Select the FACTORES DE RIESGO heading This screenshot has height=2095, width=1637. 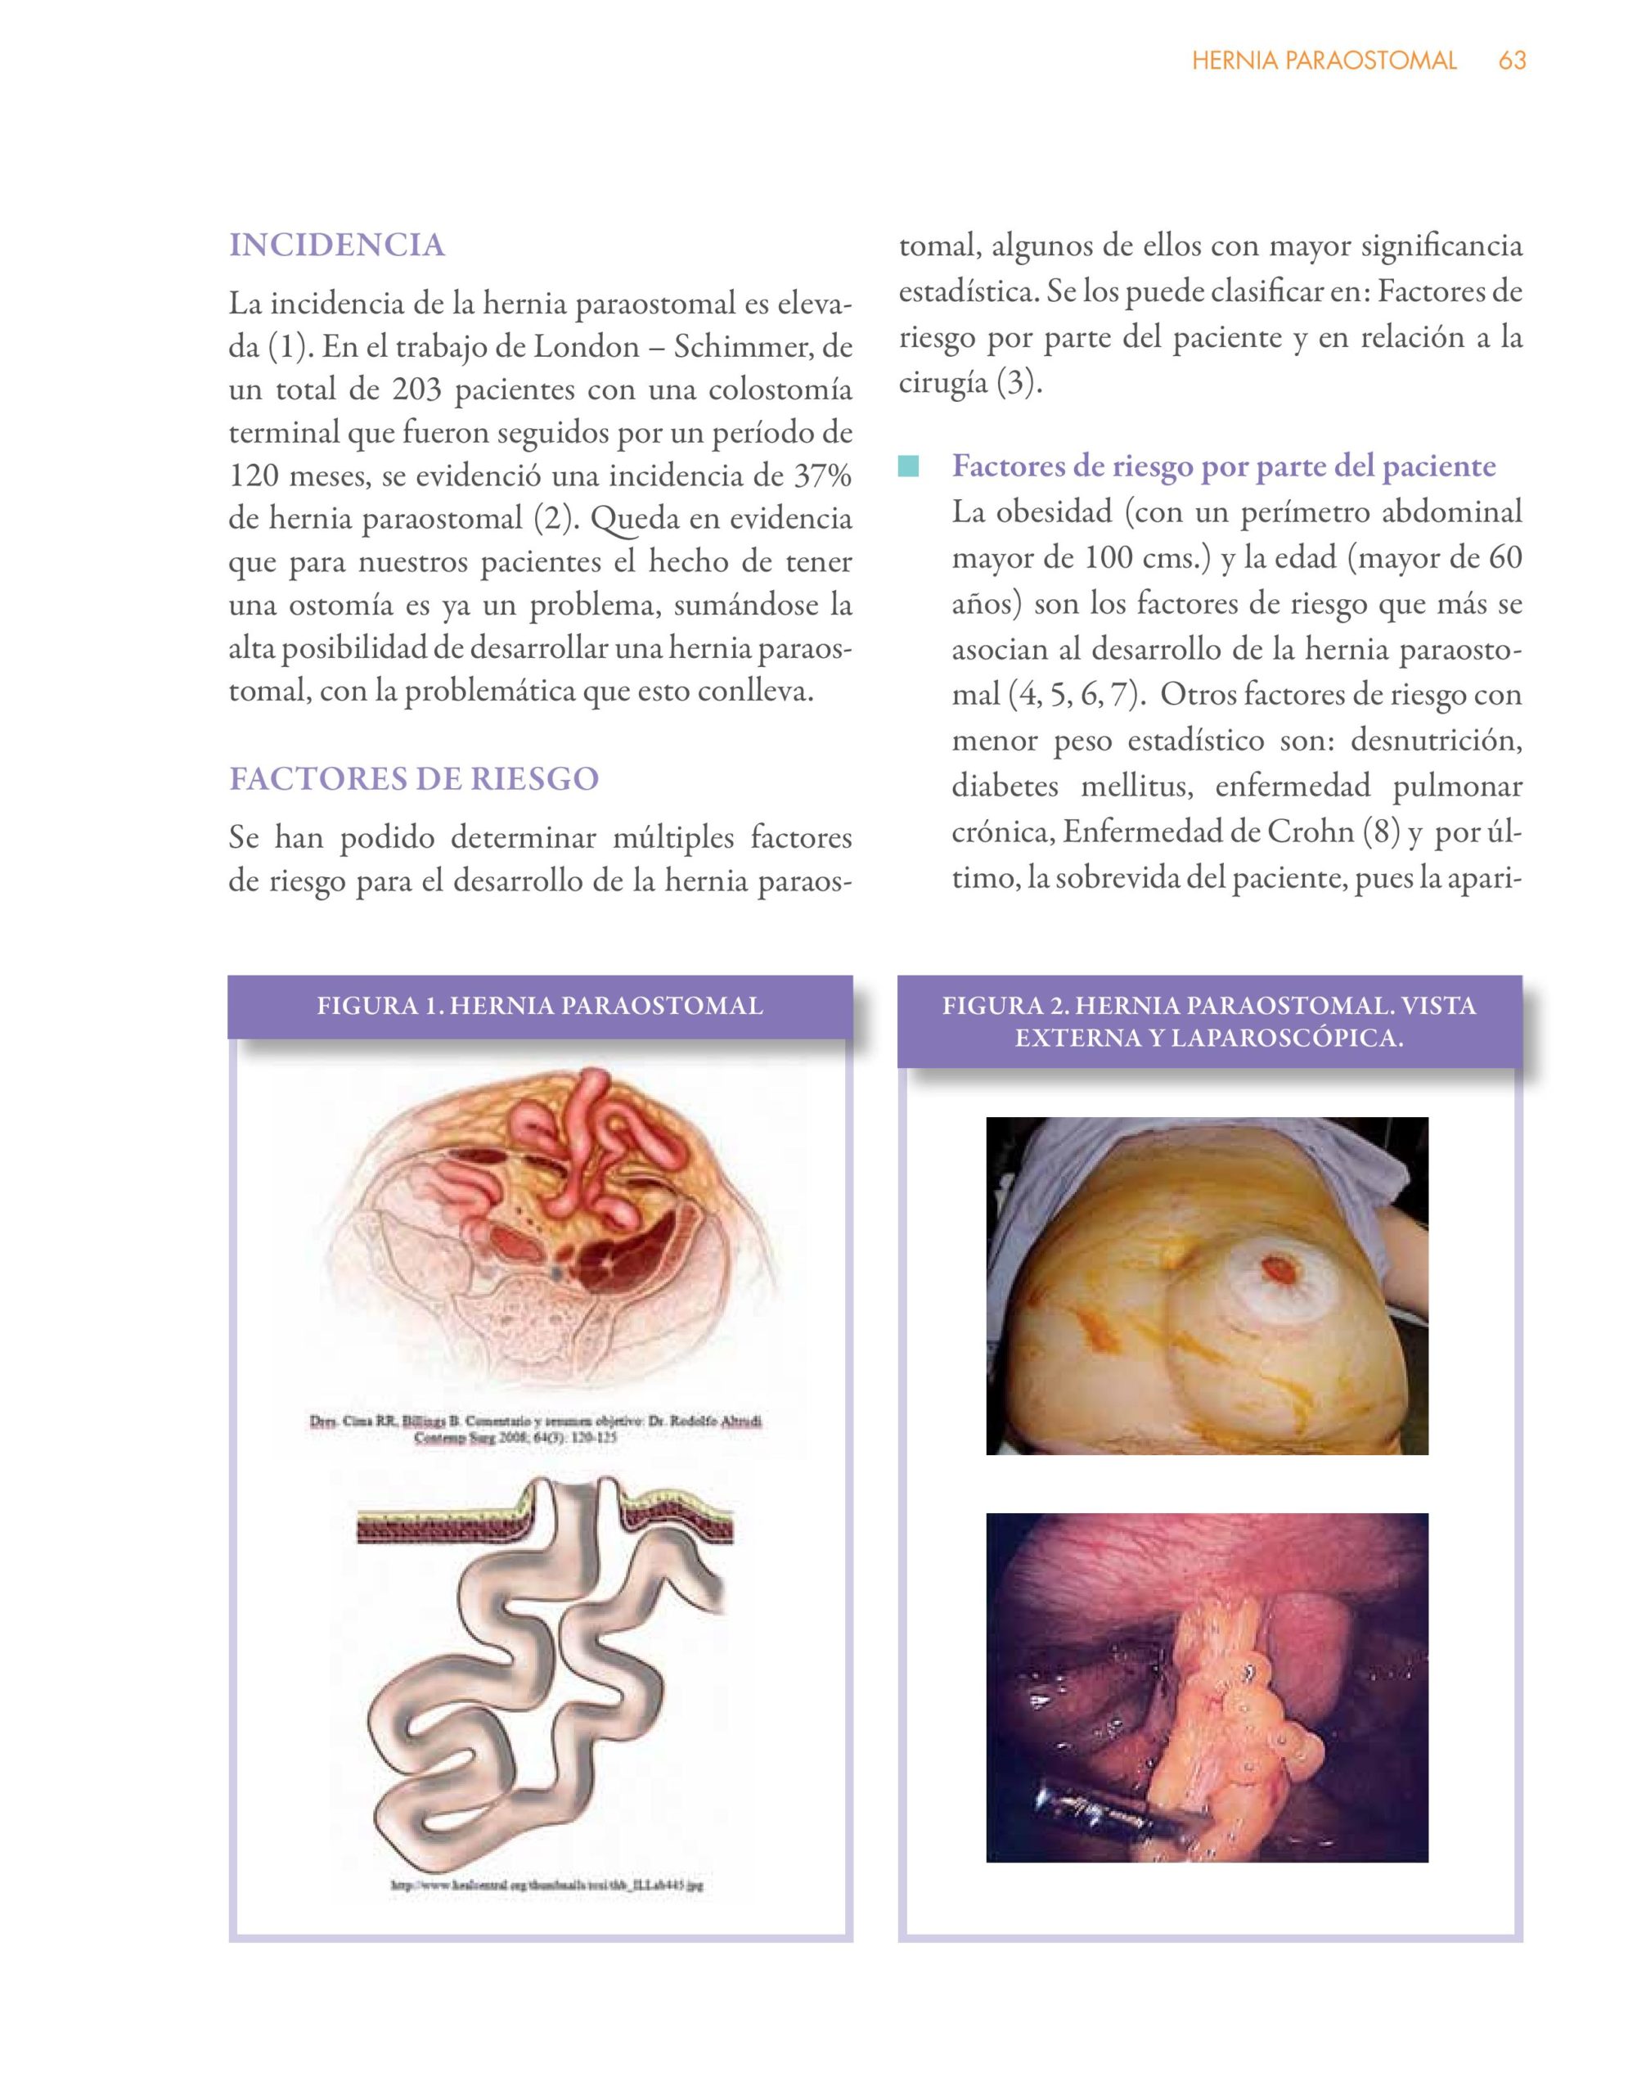(413, 778)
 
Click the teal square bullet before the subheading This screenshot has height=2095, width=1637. (908, 468)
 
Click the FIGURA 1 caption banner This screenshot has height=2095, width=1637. (540, 1007)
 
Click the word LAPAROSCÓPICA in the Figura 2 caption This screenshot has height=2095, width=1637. (1287, 1038)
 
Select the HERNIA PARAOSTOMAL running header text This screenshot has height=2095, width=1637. (1324, 61)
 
